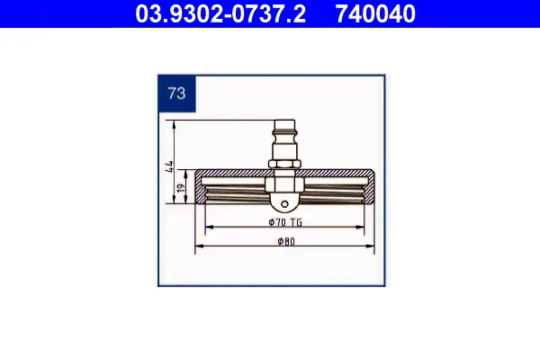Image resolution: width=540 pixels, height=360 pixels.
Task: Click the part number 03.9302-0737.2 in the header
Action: pyautogui.click(x=220, y=13)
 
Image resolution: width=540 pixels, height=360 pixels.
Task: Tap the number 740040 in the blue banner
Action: pyautogui.click(x=375, y=13)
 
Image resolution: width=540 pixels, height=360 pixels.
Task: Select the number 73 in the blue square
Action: pyautogui.click(x=176, y=93)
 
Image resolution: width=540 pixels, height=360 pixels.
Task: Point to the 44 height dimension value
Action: pyautogui.click(x=169, y=166)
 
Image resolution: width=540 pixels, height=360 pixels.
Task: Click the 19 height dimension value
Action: pyautogui.click(x=180, y=188)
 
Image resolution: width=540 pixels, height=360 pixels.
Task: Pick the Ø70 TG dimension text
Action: pyautogui.click(x=285, y=222)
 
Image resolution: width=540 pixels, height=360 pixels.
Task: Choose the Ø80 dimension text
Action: pyautogui.click(x=286, y=241)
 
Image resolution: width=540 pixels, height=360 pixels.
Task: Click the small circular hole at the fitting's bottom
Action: pyautogui.click(x=284, y=204)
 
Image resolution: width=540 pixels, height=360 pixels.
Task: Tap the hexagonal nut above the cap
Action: pyautogui.click(x=284, y=165)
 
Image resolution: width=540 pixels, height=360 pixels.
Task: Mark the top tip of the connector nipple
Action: pyautogui.click(x=284, y=121)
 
